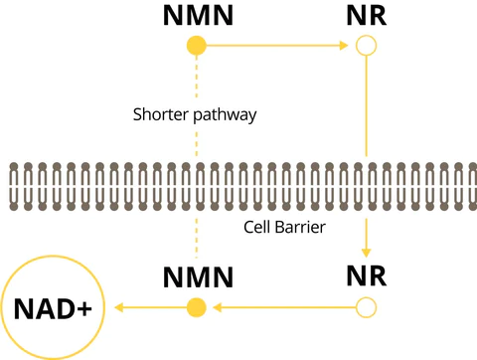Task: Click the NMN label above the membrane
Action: [197, 16]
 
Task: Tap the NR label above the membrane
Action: [368, 16]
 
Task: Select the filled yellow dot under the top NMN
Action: [197, 45]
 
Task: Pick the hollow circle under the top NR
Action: [368, 45]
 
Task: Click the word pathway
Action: [229, 115]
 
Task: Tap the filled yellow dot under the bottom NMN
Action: [197, 306]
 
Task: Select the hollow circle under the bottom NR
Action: [368, 306]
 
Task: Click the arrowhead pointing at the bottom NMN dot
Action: [215, 306]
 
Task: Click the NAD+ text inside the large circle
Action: [53, 307]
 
